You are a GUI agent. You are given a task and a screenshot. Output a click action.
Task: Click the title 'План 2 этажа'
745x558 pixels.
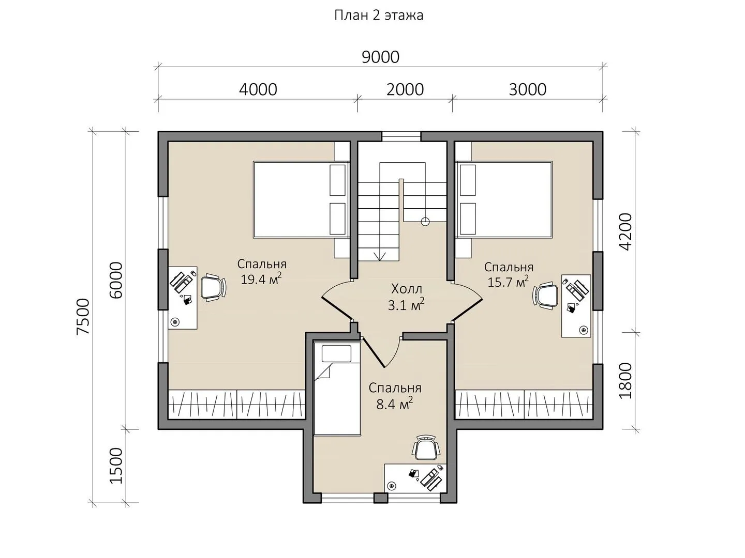coord(378,16)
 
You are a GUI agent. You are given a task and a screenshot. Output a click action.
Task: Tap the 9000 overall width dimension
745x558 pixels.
coord(380,57)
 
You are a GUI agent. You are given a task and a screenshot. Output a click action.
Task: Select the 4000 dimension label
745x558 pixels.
coord(258,89)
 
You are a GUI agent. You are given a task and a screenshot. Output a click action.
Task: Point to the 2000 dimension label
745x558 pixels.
coord(405,89)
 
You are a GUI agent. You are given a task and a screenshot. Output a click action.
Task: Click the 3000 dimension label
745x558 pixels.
coord(527,89)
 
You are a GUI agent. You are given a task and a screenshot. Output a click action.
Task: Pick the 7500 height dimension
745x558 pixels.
coord(83,316)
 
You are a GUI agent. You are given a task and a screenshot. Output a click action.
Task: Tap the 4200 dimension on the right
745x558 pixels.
coord(625,232)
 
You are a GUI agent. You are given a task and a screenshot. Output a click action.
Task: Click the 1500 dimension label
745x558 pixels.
coord(116,466)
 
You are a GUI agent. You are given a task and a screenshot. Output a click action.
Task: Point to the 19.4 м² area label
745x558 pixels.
coord(261,279)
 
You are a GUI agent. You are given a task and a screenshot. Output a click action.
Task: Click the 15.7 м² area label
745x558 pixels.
coord(508,282)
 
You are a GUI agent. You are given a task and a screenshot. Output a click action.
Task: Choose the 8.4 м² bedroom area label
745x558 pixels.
coord(394,404)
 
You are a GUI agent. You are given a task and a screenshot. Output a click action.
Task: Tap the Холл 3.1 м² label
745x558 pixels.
coord(406,297)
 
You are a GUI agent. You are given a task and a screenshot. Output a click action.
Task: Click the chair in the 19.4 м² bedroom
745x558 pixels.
coord(213,288)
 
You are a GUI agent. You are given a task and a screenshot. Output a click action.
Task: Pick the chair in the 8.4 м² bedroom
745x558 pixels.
coord(426,447)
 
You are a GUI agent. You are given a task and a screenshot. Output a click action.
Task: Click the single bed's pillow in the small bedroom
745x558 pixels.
coord(336,354)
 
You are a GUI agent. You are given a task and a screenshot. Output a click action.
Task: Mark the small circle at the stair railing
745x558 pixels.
coord(425,222)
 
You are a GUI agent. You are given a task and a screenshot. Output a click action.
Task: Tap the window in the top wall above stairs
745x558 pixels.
coord(401,136)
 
